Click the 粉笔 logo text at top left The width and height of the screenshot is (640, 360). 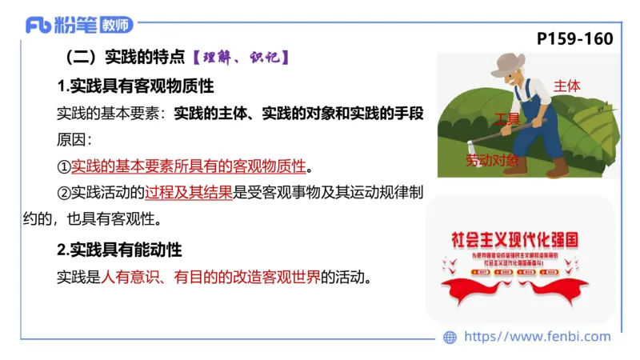pyautogui.click(x=75, y=25)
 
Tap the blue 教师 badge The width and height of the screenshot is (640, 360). pyautogui.click(x=117, y=26)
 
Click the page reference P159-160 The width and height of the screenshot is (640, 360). pyautogui.click(x=575, y=38)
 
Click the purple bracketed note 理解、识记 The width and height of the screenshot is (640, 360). pyautogui.click(x=240, y=58)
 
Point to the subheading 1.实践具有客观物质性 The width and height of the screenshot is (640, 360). pyautogui.click(x=135, y=85)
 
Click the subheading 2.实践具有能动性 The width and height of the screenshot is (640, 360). pyautogui.click(x=120, y=250)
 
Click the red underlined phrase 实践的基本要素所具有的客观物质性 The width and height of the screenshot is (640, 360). pyautogui.click(x=189, y=166)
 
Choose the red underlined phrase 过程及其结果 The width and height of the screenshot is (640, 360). pyautogui.click(x=189, y=193)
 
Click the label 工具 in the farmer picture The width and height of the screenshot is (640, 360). pyautogui.click(x=506, y=118)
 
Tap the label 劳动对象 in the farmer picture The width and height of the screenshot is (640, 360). pyautogui.click(x=492, y=161)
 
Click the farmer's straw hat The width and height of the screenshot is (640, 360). pyautogui.click(x=507, y=62)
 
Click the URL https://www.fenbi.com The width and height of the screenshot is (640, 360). pyautogui.click(x=537, y=337)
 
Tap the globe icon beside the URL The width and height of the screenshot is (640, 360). pyautogui.click(x=450, y=338)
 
